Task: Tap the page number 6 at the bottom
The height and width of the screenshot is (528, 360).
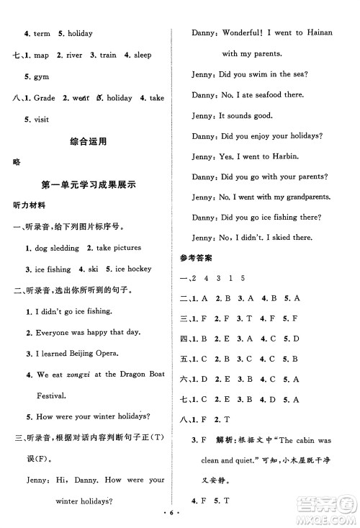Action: coord(180,516)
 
